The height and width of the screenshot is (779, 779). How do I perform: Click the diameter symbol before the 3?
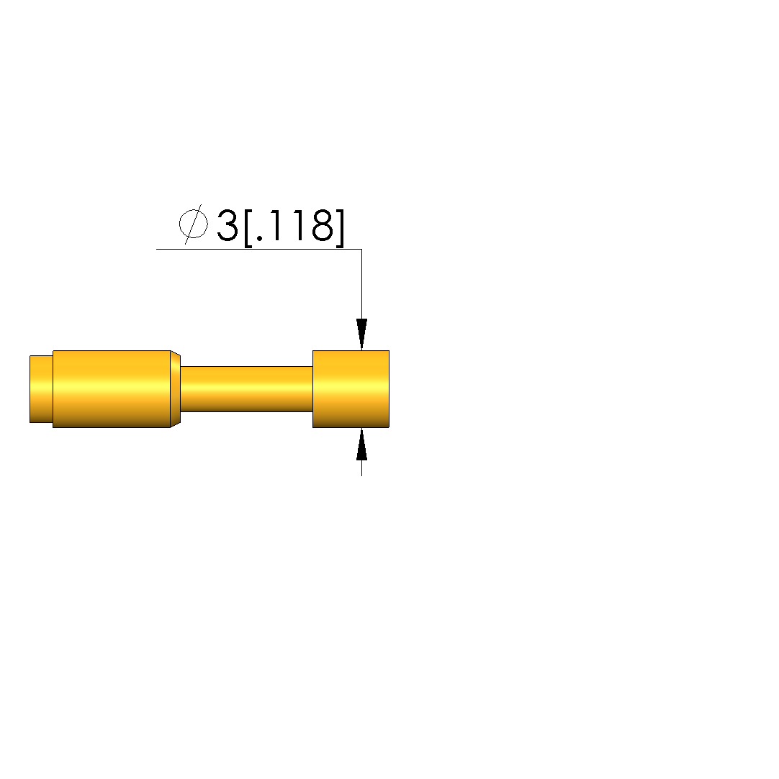[x=193, y=224]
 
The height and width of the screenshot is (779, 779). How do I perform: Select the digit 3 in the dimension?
[x=228, y=226]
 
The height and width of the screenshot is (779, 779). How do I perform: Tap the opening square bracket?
[x=248, y=227]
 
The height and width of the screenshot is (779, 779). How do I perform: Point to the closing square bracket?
[x=340, y=227]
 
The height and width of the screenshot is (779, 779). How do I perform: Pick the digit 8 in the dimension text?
[x=322, y=226]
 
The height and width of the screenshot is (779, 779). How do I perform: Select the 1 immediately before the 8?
[x=300, y=226]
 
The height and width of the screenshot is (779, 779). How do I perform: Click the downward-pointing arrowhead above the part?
[x=361, y=334]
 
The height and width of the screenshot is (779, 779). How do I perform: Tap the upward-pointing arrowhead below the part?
[x=361, y=444]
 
